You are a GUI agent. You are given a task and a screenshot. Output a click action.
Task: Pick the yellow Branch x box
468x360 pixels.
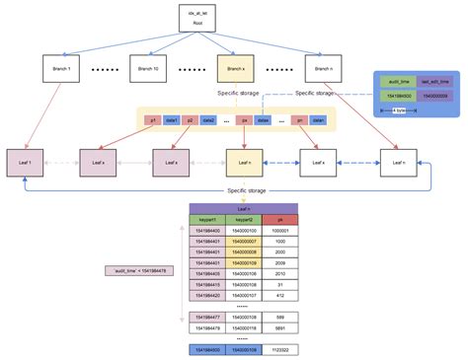point(234,70)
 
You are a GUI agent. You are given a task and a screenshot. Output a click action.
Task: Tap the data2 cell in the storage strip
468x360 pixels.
point(208,119)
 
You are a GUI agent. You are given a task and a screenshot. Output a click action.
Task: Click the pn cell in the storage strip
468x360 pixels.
point(297,119)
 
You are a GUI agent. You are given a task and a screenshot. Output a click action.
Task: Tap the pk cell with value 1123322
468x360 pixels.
point(281,349)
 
